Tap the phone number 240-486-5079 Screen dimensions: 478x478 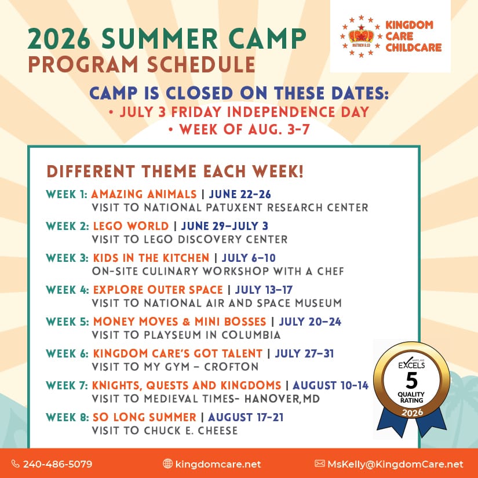[x=57, y=464]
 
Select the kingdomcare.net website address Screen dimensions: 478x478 [x=218, y=464]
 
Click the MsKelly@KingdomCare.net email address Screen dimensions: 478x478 [x=395, y=464]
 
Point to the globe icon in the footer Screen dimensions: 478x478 [x=167, y=464]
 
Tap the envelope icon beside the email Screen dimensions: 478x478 [x=319, y=464]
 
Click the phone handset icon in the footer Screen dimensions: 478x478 [x=15, y=464]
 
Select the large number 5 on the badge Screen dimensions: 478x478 [x=411, y=381]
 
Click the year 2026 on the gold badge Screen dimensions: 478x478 [x=412, y=413]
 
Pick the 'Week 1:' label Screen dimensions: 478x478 [x=67, y=194]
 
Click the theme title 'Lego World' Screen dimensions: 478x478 [x=131, y=226]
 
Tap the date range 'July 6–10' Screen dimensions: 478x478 [x=249, y=258]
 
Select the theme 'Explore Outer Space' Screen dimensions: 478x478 [x=158, y=290]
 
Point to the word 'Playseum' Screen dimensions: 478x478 [x=173, y=335]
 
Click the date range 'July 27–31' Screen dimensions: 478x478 [x=304, y=353]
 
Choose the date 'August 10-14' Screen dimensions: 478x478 [x=330, y=385]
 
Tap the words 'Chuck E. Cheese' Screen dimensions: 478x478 [x=191, y=430]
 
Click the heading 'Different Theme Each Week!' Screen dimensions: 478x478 [x=175, y=171]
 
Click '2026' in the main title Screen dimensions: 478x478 [x=59, y=39]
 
